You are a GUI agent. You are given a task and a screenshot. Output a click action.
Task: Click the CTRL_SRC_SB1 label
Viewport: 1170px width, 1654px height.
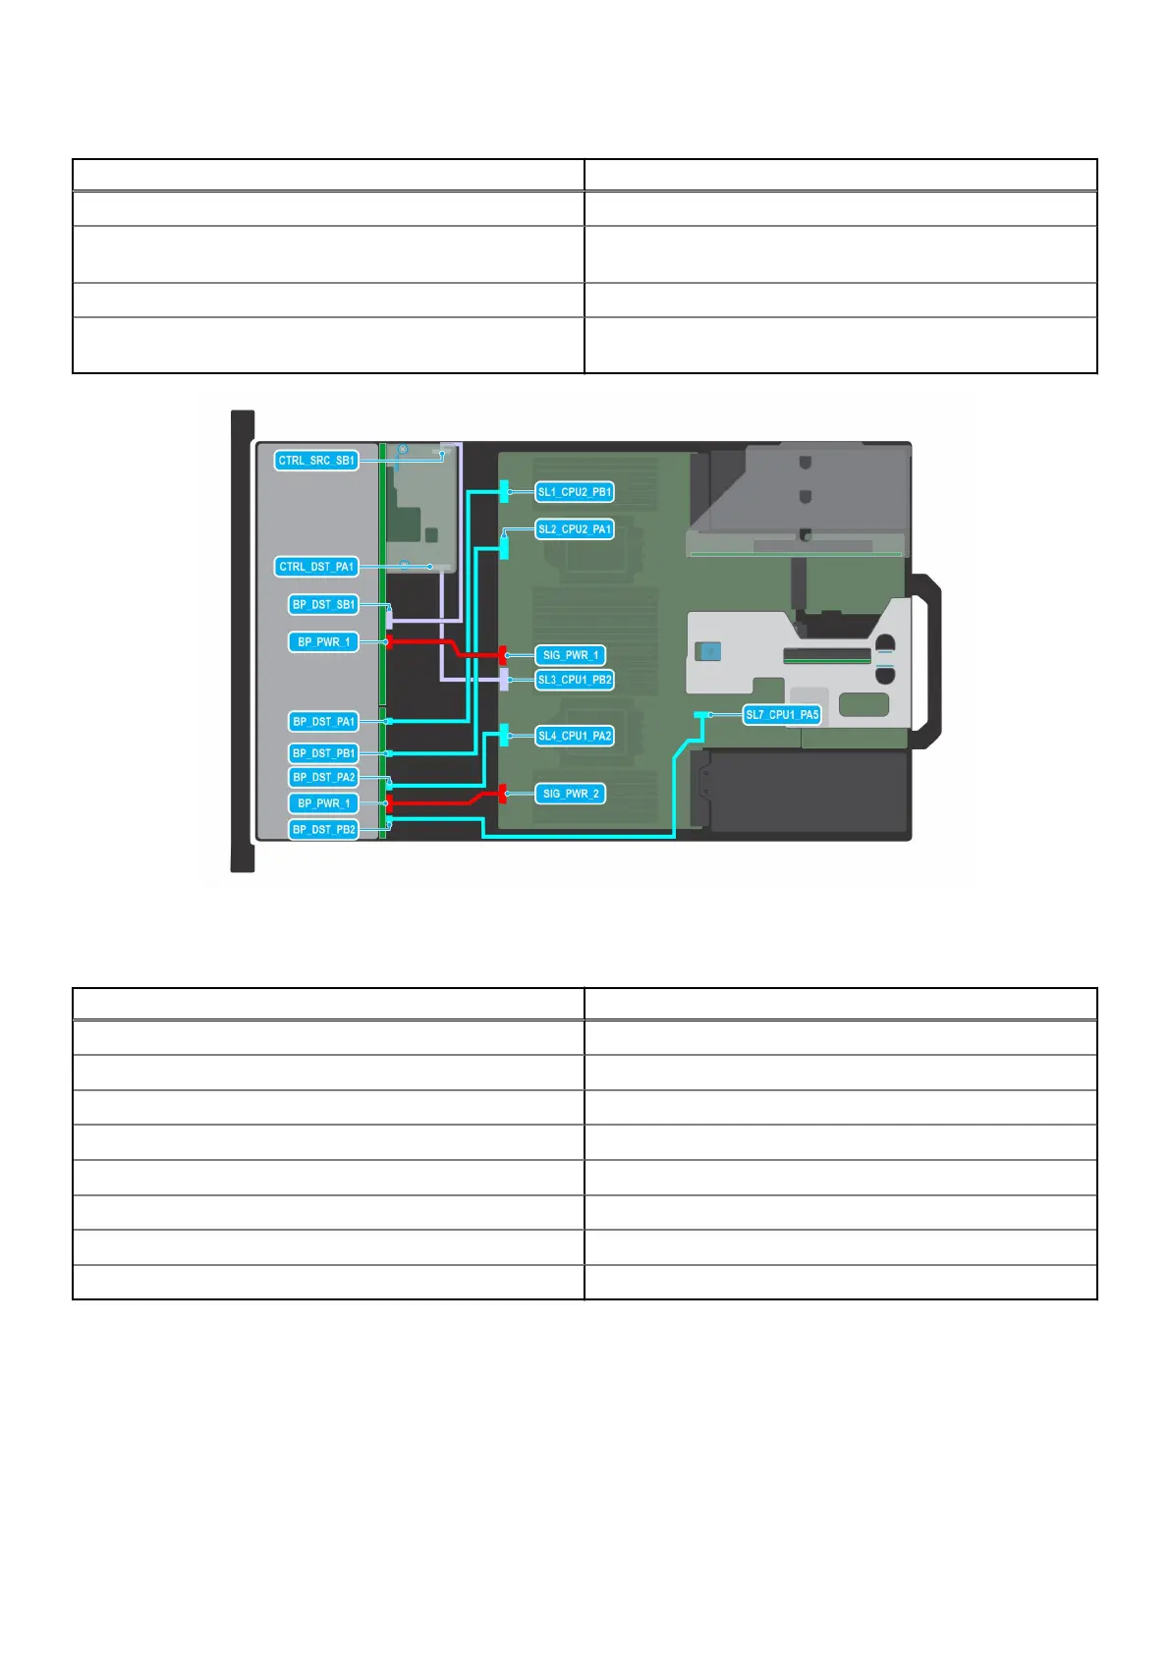point(315,460)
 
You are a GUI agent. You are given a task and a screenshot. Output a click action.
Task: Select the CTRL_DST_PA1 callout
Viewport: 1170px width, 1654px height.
point(315,567)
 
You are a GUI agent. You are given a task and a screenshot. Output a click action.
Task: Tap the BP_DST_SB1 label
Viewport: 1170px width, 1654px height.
point(323,604)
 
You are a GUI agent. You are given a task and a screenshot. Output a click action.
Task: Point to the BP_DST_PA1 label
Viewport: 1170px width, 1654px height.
point(323,721)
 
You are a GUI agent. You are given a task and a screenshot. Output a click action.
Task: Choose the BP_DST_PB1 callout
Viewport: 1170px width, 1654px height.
point(323,753)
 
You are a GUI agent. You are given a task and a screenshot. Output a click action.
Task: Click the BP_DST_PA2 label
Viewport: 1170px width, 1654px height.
point(323,777)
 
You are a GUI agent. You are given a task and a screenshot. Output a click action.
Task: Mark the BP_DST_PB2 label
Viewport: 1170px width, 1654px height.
point(323,830)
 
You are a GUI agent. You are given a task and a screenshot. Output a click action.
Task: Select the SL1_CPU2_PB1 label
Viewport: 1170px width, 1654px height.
point(575,492)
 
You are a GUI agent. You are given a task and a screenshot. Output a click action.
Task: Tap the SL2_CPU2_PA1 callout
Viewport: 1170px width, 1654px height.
point(575,529)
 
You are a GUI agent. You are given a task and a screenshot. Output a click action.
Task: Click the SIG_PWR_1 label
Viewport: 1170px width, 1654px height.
point(570,655)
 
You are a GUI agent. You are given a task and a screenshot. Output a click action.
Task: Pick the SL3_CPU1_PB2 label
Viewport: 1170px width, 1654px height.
point(575,680)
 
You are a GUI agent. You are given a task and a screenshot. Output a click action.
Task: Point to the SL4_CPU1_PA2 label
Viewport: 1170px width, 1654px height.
point(575,736)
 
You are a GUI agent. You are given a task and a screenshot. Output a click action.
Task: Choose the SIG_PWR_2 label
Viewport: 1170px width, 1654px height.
point(570,794)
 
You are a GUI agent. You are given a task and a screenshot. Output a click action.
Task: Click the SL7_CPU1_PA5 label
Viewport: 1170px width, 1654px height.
point(782,715)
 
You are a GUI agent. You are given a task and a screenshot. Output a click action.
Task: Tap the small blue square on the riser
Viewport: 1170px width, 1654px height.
point(707,650)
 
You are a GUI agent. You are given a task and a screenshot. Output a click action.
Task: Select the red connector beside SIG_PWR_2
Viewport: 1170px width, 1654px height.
point(503,793)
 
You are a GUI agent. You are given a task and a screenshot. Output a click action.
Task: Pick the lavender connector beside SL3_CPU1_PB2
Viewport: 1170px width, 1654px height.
point(504,679)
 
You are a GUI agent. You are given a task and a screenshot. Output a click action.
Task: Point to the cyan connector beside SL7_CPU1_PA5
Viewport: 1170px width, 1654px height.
point(700,715)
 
